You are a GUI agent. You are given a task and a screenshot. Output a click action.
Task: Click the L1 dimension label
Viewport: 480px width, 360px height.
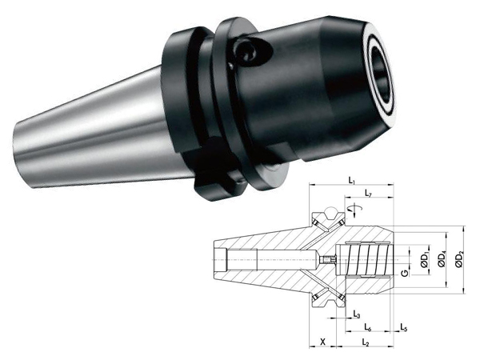click(351, 181)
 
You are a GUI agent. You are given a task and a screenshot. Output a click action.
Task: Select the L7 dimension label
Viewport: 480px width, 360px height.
click(368, 193)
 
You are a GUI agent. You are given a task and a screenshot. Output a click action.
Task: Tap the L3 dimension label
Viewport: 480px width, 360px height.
click(357, 314)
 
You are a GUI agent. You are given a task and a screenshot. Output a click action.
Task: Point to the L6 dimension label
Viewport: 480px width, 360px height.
click(368, 327)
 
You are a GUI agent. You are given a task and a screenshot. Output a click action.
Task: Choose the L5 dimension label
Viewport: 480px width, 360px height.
click(404, 327)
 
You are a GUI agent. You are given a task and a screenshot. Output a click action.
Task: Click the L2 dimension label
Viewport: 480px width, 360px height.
click(366, 342)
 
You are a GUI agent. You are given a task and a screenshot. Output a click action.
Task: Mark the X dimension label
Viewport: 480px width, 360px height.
click(322, 342)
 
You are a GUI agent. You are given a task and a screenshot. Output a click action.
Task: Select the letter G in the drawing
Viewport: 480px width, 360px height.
click(405, 273)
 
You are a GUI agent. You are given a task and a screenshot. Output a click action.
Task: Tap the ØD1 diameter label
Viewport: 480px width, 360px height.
click(424, 260)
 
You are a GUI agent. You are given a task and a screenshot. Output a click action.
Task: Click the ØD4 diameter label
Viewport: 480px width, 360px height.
click(442, 260)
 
